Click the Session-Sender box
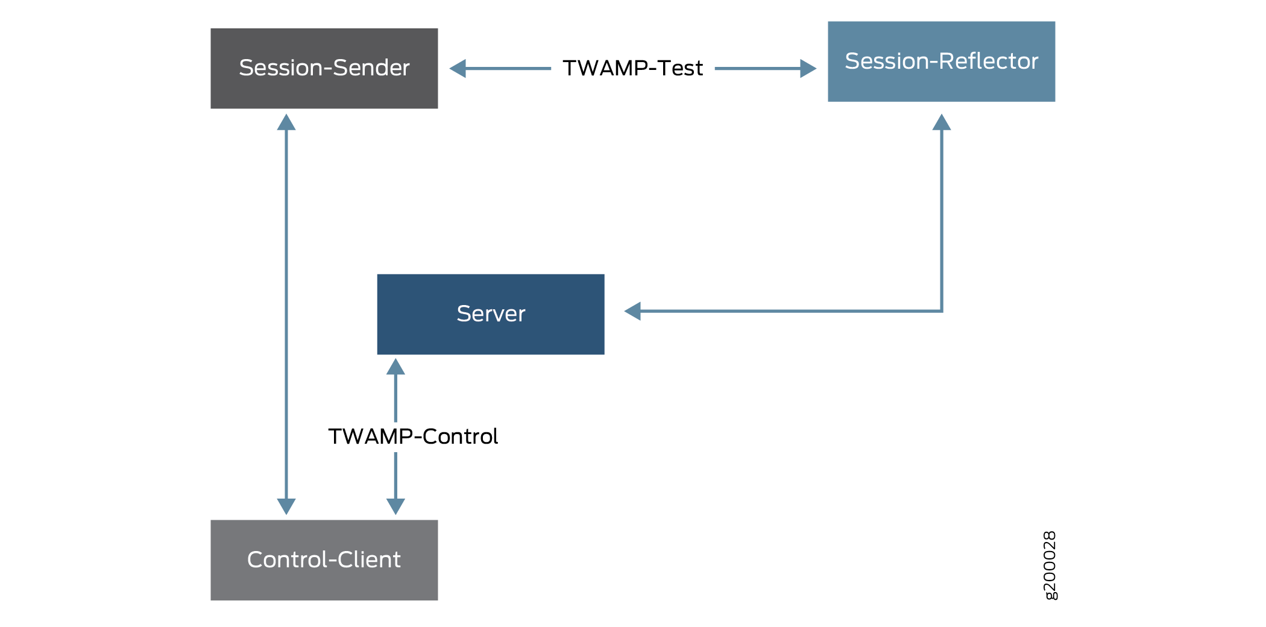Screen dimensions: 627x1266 (x=324, y=68)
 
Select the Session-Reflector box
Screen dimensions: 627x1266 (x=941, y=61)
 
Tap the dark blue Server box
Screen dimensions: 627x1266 (x=490, y=314)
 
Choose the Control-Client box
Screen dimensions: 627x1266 (x=324, y=559)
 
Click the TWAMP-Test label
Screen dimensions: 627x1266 (x=632, y=68)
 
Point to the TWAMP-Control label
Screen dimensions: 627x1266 (x=413, y=436)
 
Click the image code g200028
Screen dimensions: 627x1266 (x=1050, y=566)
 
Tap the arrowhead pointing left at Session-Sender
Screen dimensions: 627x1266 (x=458, y=68)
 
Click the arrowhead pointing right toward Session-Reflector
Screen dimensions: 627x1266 (x=808, y=68)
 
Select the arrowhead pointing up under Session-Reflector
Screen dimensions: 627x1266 (x=941, y=122)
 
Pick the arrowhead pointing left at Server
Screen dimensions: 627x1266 (x=632, y=311)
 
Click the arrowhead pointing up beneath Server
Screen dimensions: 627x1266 (x=395, y=367)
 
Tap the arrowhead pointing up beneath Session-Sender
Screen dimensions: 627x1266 (x=286, y=122)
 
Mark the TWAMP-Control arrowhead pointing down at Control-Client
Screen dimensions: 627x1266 (x=395, y=506)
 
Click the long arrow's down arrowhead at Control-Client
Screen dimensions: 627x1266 (x=286, y=506)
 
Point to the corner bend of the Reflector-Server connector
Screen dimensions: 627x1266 (x=941, y=311)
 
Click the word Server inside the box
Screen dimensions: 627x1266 (x=491, y=314)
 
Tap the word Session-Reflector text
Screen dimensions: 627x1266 (x=941, y=61)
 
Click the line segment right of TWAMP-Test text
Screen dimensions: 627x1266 (x=757, y=68)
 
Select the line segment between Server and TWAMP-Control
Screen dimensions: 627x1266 (x=395, y=398)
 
